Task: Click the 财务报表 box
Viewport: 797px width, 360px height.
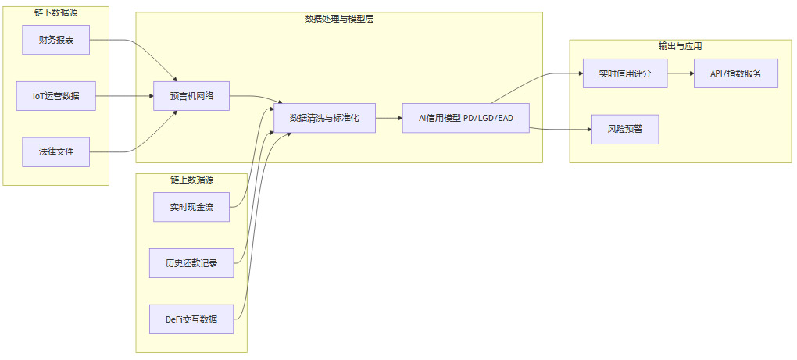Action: pos(56,40)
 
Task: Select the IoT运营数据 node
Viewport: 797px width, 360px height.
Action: pos(56,96)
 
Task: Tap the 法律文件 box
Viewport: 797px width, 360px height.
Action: pos(56,151)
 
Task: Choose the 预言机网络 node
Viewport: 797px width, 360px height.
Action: pos(191,96)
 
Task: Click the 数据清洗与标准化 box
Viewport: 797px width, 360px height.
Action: pos(324,118)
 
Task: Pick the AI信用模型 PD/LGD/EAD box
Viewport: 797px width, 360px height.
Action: pos(466,118)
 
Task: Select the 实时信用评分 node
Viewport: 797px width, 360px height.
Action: pos(625,73)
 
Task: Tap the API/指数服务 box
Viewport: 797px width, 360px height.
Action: pos(736,73)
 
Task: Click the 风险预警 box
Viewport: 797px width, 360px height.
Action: pos(625,129)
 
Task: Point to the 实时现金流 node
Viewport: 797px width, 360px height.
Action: pos(191,207)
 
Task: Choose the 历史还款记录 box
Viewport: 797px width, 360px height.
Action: pos(191,263)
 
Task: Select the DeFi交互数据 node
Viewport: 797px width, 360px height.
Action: pos(191,319)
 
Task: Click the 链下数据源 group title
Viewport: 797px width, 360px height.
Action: pos(56,12)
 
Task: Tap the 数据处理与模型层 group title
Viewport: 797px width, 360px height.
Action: pos(339,19)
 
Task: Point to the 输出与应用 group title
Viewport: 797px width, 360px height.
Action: pos(680,46)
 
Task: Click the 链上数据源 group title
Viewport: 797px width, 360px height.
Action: pos(191,180)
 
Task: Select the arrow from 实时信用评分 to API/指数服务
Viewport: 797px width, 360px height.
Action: pos(680,73)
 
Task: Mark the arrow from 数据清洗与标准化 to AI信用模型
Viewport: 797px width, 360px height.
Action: pos(388,118)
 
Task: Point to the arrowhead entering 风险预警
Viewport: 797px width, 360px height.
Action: pos(588,129)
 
